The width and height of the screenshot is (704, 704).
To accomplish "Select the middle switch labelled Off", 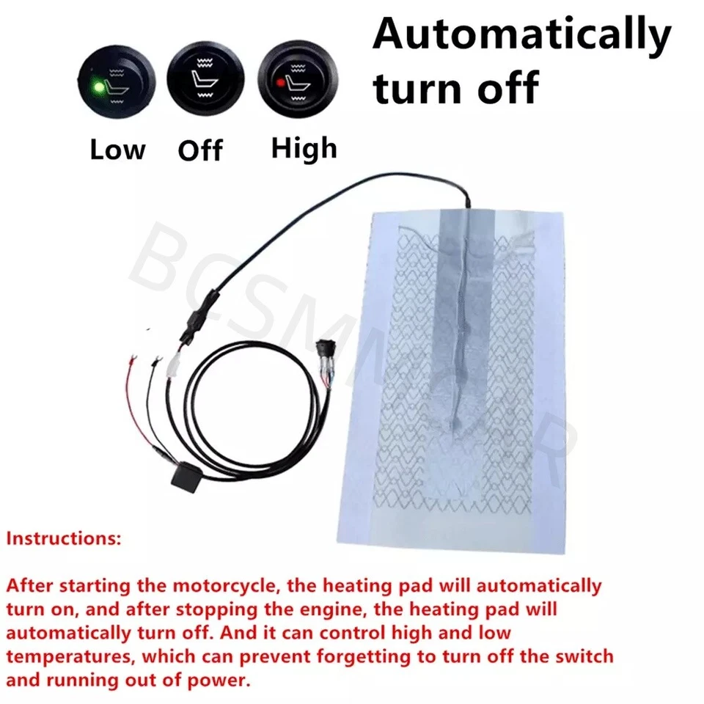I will (200, 78).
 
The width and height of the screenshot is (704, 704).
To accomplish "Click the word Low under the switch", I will (117, 150).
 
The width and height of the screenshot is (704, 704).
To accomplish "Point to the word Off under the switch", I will (200, 152).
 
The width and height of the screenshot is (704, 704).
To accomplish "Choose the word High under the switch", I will (304, 148).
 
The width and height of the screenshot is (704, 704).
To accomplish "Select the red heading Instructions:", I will (63, 539).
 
